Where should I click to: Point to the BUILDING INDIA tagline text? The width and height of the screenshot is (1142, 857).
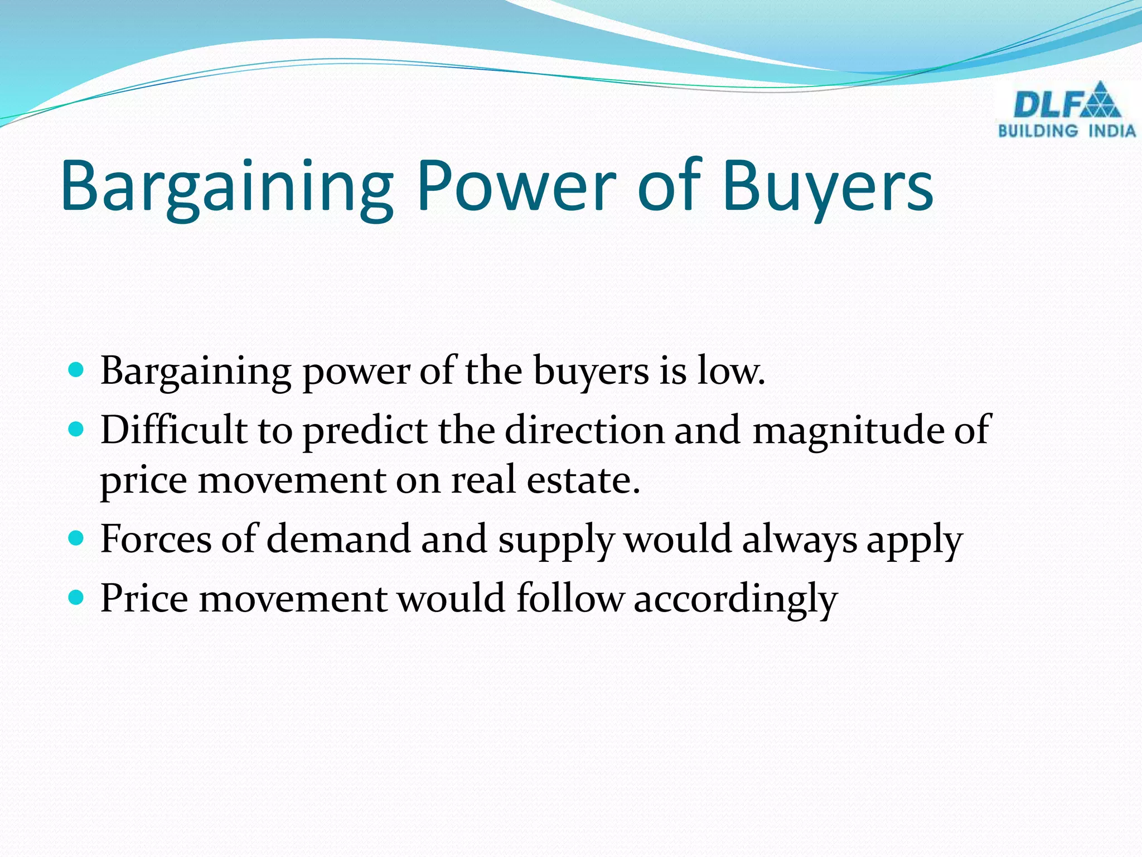tap(1067, 132)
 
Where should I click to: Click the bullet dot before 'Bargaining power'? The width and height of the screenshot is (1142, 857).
tap(76, 369)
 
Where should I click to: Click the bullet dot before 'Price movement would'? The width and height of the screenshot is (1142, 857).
tap(76, 598)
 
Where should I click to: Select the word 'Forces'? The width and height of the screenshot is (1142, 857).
tap(156, 539)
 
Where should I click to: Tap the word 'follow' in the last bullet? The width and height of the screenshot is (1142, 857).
tap(569, 598)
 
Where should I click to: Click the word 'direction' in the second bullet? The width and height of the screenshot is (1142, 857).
tap(585, 430)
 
